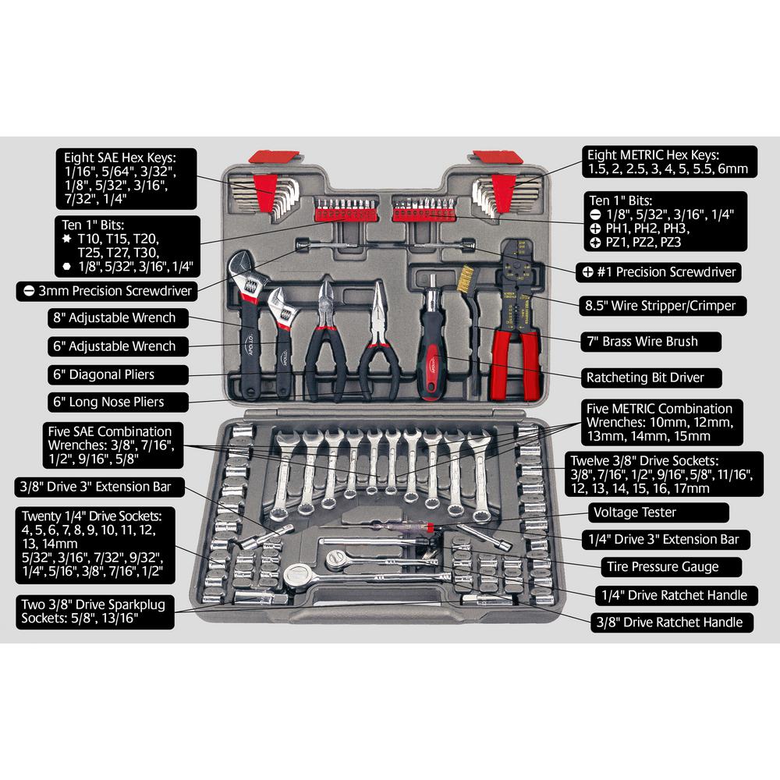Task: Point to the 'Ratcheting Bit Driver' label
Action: pos(644,378)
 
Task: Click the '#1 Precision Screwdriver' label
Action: pos(660,273)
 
